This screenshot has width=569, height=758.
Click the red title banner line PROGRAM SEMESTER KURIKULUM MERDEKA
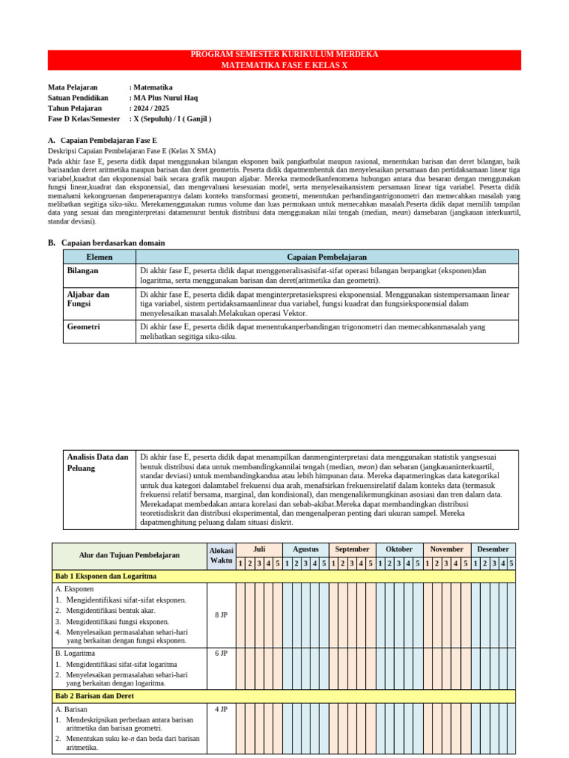tap(284, 55)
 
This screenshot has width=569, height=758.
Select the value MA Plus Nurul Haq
tap(165, 98)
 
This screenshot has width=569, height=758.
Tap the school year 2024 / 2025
tap(151, 108)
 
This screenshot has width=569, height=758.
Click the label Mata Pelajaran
tap(73, 87)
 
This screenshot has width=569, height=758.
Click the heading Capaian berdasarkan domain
tap(113, 243)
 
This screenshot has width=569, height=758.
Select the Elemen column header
tap(99, 257)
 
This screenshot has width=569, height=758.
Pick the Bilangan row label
tap(83, 271)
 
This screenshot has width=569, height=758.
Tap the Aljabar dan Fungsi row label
tap(88, 299)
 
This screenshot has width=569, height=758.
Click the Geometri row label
tap(84, 326)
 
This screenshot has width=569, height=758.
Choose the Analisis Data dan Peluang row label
tap(97, 463)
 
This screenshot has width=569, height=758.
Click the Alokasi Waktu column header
tap(221, 555)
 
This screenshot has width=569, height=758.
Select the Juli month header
tap(259, 549)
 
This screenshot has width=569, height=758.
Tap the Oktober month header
tap(399, 549)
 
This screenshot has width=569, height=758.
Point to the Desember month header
tap(493, 549)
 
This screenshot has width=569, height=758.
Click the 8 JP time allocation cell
tap(221, 615)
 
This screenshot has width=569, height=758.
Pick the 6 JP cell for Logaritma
tap(221, 654)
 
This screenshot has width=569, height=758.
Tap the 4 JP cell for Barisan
tap(221, 709)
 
